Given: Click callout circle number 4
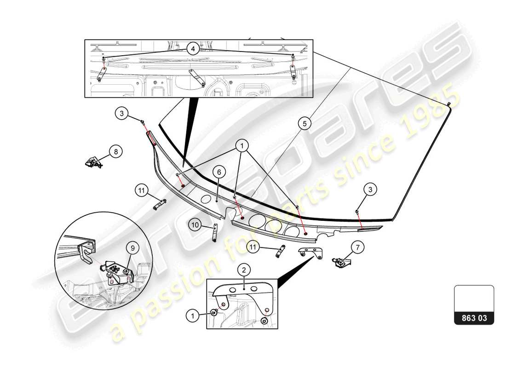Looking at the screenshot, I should (193, 49).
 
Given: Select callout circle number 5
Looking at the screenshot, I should (303, 123).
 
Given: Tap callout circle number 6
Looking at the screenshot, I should (219, 172).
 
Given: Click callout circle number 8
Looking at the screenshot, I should (115, 151).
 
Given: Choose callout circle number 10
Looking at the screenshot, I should (195, 225).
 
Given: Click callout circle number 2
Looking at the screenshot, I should (243, 270).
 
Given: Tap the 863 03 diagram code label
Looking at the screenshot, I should (474, 317).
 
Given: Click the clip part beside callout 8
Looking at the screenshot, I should (94, 162).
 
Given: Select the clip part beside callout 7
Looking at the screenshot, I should (340, 263).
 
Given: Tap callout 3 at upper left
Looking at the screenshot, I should (121, 113).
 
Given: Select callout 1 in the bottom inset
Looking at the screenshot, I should (193, 316).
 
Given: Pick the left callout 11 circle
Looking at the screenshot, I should (141, 190).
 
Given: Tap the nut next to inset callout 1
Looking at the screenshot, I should (214, 313).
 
